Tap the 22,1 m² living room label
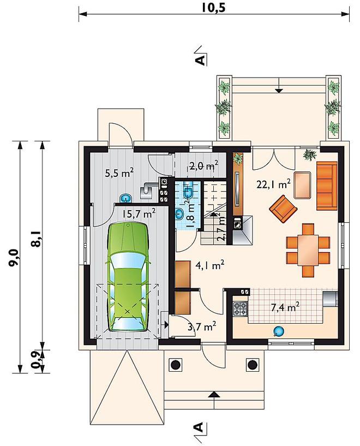tap(273, 185)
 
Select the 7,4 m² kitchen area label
tap(285, 307)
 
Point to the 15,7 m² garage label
tap(139, 213)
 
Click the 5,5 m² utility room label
tap(119, 173)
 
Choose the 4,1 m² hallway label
tap(210, 265)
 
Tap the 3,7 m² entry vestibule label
tap(202, 326)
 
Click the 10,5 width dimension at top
tap(213, 8)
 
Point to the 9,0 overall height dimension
tap(14, 258)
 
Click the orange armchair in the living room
tap(283, 209)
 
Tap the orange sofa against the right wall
tap(327, 186)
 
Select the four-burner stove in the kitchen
tap(241, 309)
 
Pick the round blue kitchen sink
tap(278, 331)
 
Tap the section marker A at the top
tap(200, 60)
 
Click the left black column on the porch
tap(175, 364)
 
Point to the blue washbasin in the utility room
tap(126, 198)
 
